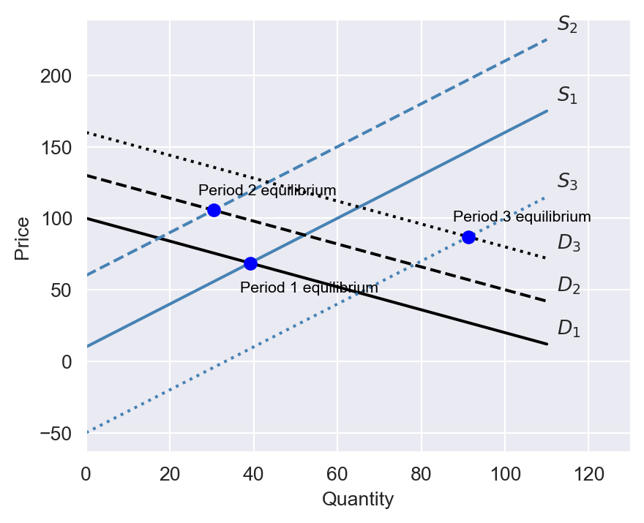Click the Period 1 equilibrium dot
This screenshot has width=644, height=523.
point(250,263)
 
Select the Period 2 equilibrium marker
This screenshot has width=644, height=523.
point(214,210)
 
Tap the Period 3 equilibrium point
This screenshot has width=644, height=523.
point(468,237)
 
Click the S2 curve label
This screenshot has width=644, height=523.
point(567,24)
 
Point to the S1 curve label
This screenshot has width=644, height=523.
point(567,95)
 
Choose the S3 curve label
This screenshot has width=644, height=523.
point(567,181)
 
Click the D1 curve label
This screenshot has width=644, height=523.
point(569,329)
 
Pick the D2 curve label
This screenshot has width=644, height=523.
point(569,285)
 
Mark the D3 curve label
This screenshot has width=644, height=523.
point(569,243)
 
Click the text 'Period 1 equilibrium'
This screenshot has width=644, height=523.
point(309,288)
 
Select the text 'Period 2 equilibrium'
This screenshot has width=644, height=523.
point(267,191)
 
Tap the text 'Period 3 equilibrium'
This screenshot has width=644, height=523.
point(522,217)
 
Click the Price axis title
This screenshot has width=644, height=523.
point(23,238)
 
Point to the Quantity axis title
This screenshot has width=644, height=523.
point(358,500)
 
